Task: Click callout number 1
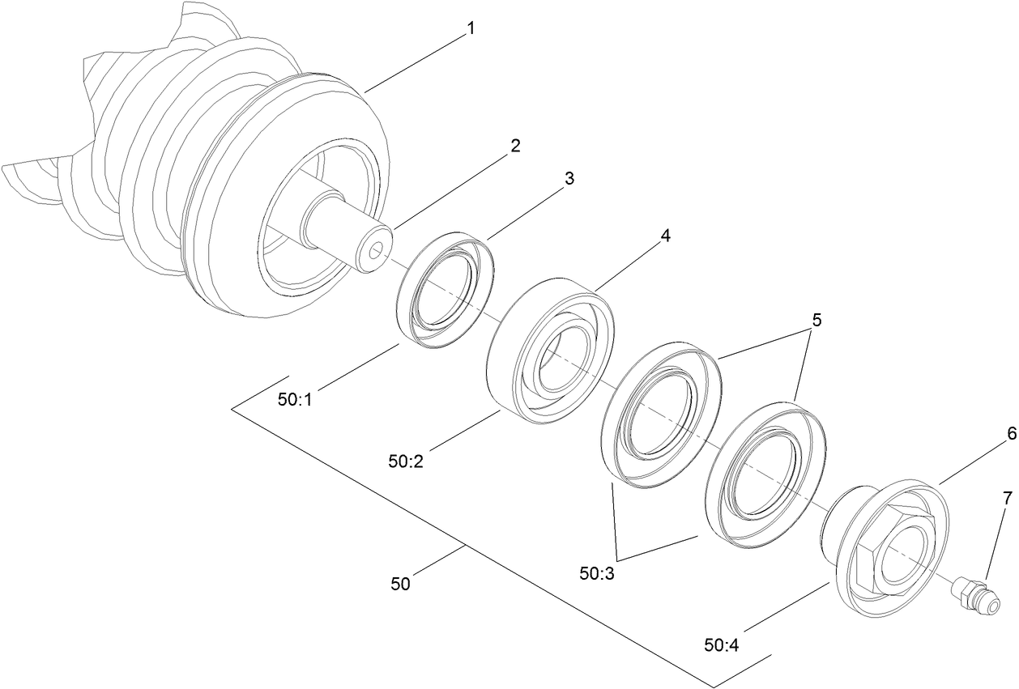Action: (x=470, y=29)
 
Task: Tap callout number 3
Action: (x=569, y=179)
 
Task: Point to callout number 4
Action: (x=665, y=236)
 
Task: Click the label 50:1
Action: (x=295, y=400)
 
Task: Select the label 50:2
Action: (x=404, y=461)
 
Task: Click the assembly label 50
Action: (x=400, y=583)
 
